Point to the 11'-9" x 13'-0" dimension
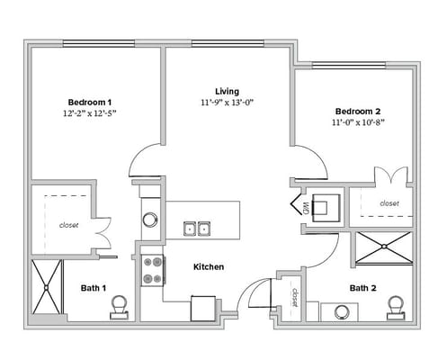tap(227, 103)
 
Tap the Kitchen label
tap(209, 267)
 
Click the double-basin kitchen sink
tap(197, 228)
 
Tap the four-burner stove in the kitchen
tap(152, 269)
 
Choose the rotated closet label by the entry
tap(294, 297)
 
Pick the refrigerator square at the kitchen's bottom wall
tap(204, 309)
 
